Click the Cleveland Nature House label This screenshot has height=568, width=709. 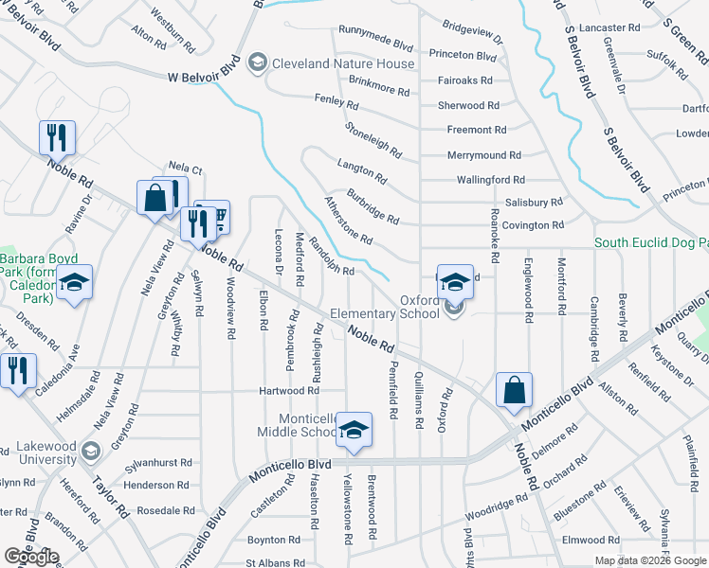(343, 64)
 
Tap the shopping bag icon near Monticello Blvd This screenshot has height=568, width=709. (514, 389)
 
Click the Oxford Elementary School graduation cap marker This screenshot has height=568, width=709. (455, 280)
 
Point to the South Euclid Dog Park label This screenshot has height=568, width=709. (651, 243)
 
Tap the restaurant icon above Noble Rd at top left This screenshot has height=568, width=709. (57, 138)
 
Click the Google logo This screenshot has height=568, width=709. (31, 557)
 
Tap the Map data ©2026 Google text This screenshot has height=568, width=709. (651, 560)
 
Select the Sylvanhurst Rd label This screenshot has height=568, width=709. (158, 465)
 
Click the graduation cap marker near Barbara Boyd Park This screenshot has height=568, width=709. (74, 282)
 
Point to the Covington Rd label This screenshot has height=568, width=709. (532, 225)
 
